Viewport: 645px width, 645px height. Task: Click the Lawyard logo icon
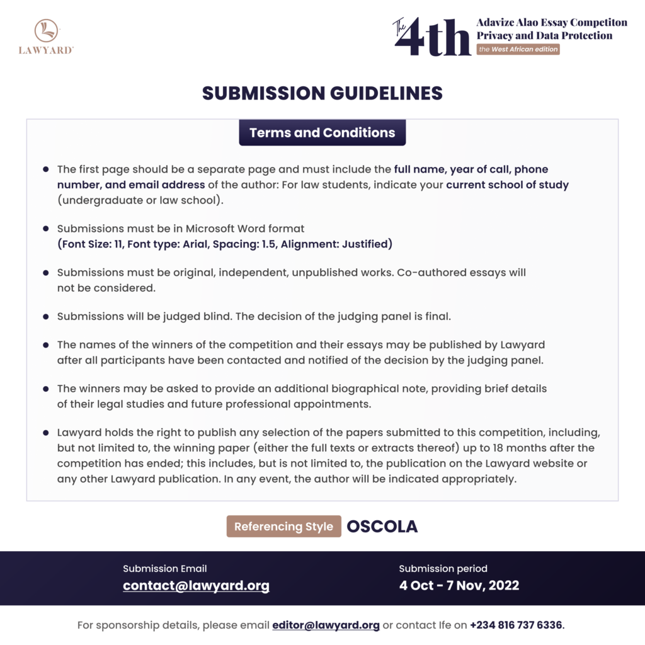click(46, 30)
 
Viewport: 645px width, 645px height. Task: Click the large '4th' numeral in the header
click(435, 36)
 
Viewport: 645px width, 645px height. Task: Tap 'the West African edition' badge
click(518, 49)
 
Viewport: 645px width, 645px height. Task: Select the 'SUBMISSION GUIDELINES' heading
click(322, 93)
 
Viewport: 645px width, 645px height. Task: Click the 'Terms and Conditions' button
click(322, 133)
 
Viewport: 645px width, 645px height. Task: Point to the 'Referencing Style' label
click(283, 527)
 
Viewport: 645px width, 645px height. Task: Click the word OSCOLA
click(382, 527)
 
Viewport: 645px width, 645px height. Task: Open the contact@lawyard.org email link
click(196, 585)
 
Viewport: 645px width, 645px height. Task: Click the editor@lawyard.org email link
click(326, 625)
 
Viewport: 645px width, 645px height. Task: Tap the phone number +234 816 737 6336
click(516, 625)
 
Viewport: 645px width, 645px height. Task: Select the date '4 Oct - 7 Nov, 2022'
click(459, 585)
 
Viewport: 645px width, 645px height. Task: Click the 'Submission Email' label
click(164, 568)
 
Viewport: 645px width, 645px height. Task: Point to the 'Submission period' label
click(443, 568)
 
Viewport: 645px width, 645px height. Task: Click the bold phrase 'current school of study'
click(507, 185)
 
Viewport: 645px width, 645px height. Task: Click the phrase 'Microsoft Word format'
click(245, 229)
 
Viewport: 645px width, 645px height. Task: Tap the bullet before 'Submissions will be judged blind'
click(46, 316)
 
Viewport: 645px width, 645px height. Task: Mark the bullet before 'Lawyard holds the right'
click(46, 433)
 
